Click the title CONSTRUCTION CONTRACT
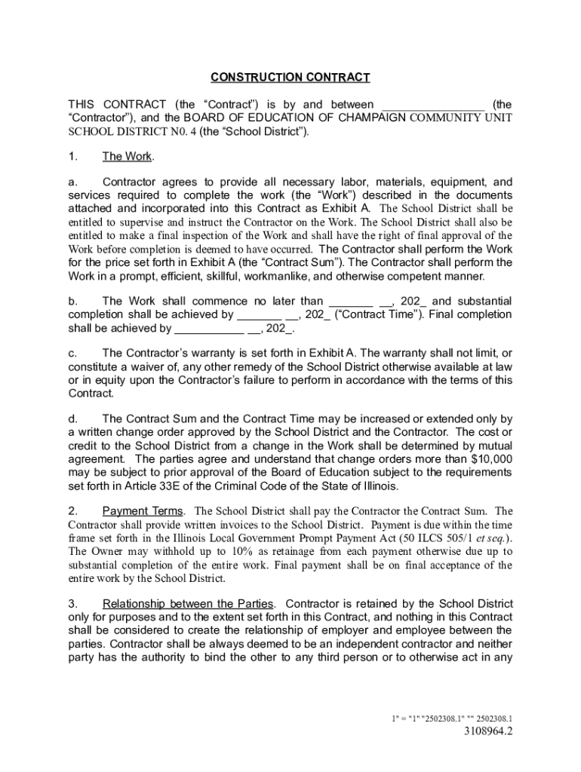pyautogui.click(x=290, y=78)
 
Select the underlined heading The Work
pyautogui.click(x=127, y=157)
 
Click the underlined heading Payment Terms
pyautogui.click(x=143, y=511)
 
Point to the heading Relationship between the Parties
pyautogui.click(x=189, y=604)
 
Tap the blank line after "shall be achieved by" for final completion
pyautogui.click(x=209, y=328)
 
